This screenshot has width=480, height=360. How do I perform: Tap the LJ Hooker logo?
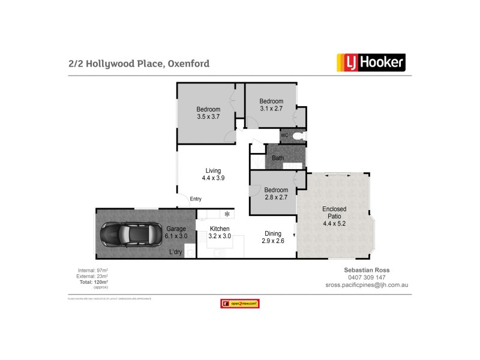[x=370, y=62]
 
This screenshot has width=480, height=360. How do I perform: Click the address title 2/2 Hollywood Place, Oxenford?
[x=139, y=63]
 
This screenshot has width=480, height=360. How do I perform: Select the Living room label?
[x=213, y=174]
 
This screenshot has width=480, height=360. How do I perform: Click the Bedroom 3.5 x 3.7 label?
[x=208, y=113]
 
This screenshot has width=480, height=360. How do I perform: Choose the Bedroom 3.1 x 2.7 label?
[x=271, y=105]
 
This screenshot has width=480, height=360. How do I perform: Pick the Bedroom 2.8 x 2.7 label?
[x=276, y=194]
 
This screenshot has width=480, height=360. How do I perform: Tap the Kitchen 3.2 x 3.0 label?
[x=220, y=232]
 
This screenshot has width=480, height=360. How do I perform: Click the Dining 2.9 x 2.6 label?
[x=272, y=237]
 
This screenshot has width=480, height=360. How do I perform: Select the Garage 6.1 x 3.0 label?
[x=176, y=232]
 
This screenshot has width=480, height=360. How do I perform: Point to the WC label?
[x=284, y=135]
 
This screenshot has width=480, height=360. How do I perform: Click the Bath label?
[x=278, y=158]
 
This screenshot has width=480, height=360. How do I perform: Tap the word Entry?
[x=196, y=199]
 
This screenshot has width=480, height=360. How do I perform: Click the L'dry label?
[x=176, y=251]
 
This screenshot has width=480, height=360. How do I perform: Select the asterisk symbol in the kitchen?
[x=227, y=214]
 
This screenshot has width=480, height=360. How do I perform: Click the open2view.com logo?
[x=240, y=304]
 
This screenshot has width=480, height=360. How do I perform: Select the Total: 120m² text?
[x=92, y=282]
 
